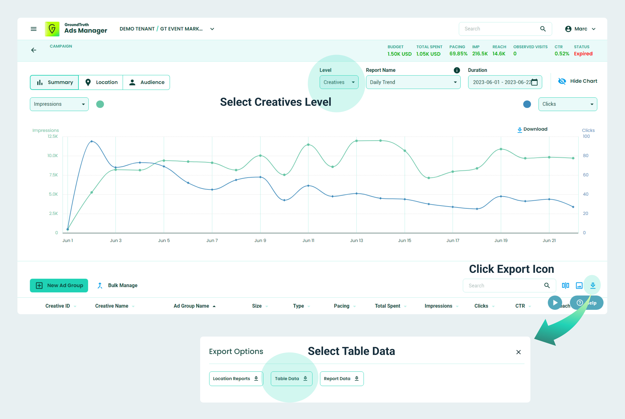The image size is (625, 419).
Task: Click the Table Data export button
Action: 291,378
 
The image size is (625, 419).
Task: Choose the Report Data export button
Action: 342,378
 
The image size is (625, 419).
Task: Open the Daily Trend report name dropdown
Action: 413,82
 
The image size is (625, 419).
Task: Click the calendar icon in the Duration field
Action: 534,82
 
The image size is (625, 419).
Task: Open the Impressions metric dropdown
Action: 59,104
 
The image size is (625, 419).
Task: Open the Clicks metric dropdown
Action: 567,104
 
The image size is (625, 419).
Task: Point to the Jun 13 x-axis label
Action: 356,241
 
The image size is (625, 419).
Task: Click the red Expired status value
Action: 583,54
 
